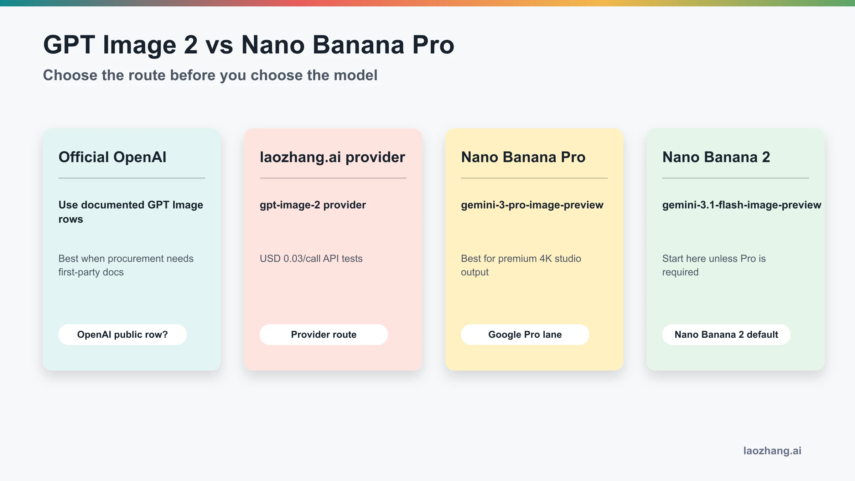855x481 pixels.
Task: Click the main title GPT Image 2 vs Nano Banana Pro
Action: [x=248, y=45]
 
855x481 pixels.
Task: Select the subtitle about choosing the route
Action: [x=210, y=75]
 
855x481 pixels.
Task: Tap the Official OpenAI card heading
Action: [x=112, y=157]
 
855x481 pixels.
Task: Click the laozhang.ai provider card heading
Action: [x=332, y=157]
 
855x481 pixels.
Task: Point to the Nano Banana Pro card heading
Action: [x=523, y=157]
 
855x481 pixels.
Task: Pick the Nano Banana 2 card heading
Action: [x=716, y=157]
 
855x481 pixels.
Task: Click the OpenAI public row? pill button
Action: [x=122, y=335]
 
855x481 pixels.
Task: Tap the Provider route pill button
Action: [x=323, y=335]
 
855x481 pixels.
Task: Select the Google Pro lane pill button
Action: [x=525, y=335]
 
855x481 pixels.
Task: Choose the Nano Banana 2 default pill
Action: [x=726, y=335]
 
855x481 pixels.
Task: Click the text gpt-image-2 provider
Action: [x=312, y=205]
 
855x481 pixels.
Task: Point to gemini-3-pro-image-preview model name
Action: [x=532, y=205]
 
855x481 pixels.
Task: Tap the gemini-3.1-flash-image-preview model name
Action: [x=741, y=205]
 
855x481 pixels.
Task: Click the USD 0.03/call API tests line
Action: [x=311, y=258]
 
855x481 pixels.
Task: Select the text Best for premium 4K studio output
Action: [x=520, y=265]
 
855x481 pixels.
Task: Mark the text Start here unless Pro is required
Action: [x=714, y=265]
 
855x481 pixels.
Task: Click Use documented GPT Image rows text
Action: [x=130, y=212]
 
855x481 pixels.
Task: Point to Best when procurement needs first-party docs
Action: [x=126, y=265]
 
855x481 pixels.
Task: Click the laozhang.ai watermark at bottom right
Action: [x=772, y=451]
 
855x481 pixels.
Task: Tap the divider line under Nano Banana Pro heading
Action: [x=534, y=178]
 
